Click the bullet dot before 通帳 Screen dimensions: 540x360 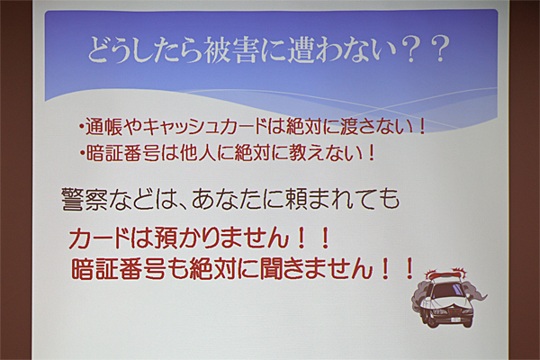[x=81, y=128]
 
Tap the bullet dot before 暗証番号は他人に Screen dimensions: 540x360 [x=82, y=154]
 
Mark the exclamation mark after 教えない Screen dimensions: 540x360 [x=371, y=153]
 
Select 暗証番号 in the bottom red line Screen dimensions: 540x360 [x=118, y=268]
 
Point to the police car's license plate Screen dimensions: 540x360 [x=455, y=319]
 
